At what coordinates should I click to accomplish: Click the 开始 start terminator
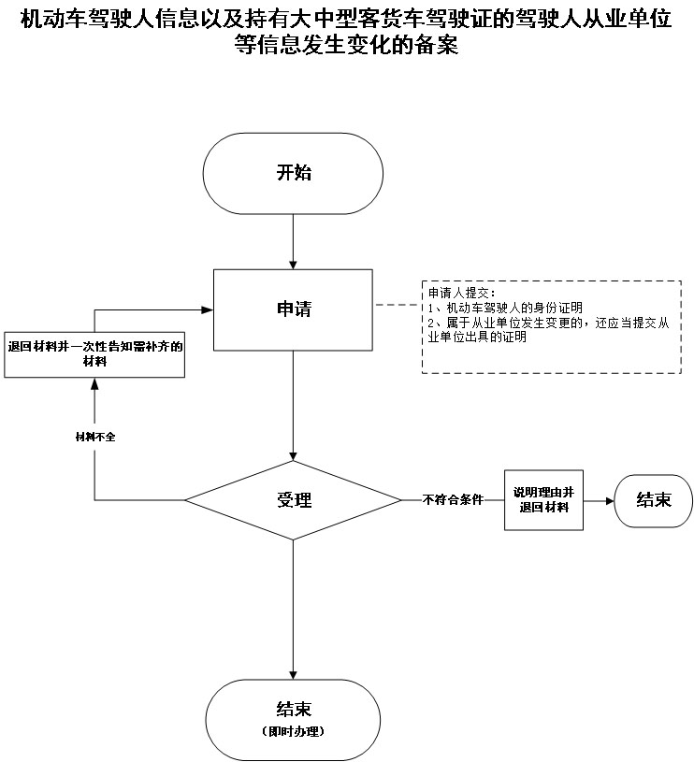tap(294, 172)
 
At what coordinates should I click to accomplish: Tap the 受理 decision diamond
tap(294, 500)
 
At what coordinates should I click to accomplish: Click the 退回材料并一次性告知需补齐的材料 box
tap(94, 354)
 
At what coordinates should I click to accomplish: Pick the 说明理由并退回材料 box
tap(543, 500)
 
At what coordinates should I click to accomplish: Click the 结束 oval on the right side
tap(653, 500)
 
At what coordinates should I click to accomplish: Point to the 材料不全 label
tap(94, 437)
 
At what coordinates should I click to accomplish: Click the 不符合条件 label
tap(453, 500)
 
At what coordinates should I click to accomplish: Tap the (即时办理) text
tap(294, 730)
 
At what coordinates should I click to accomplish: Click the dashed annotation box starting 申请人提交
tap(552, 326)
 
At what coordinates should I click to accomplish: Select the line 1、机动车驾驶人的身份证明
tap(505, 308)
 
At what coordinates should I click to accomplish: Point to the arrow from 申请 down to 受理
tap(294, 402)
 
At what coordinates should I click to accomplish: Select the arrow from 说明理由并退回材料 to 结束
tap(599, 500)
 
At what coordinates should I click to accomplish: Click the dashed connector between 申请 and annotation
tap(398, 306)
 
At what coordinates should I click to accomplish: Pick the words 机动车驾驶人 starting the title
tap(70, 19)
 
